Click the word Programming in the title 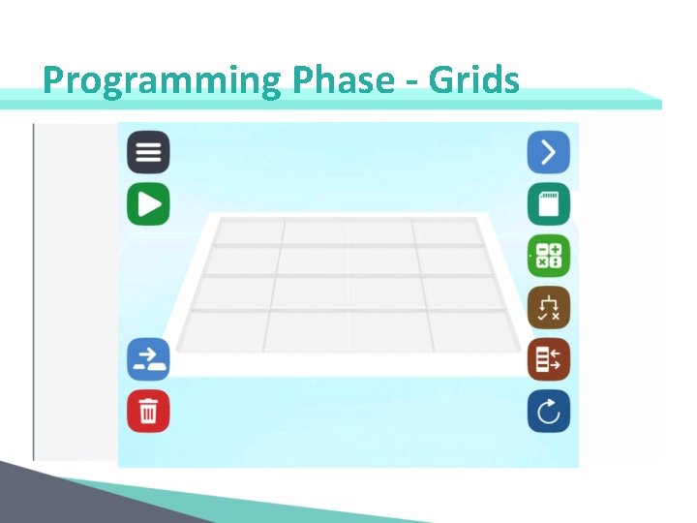click(x=161, y=80)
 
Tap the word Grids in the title click(x=473, y=80)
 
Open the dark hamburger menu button click(x=148, y=153)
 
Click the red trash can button click(x=148, y=412)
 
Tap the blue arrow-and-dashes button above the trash click(x=148, y=359)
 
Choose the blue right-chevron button click(x=548, y=152)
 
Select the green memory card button click(x=548, y=204)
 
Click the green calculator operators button click(x=548, y=257)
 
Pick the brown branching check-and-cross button click(x=548, y=308)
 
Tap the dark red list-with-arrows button click(x=548, y=359)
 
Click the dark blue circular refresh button click(x=548, y=412)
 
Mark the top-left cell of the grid click(x=248, y=232)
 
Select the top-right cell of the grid click(x=446, y=232)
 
